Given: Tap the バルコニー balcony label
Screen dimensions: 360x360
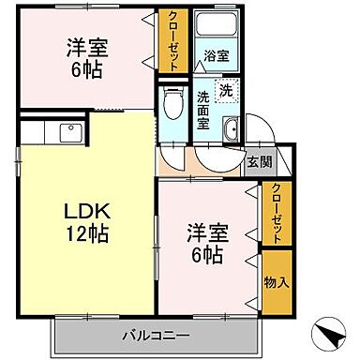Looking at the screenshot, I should pyautogui.click(x=155, y=335).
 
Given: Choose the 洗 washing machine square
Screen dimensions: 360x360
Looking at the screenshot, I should pyautogui.click(x=226, y=91).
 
